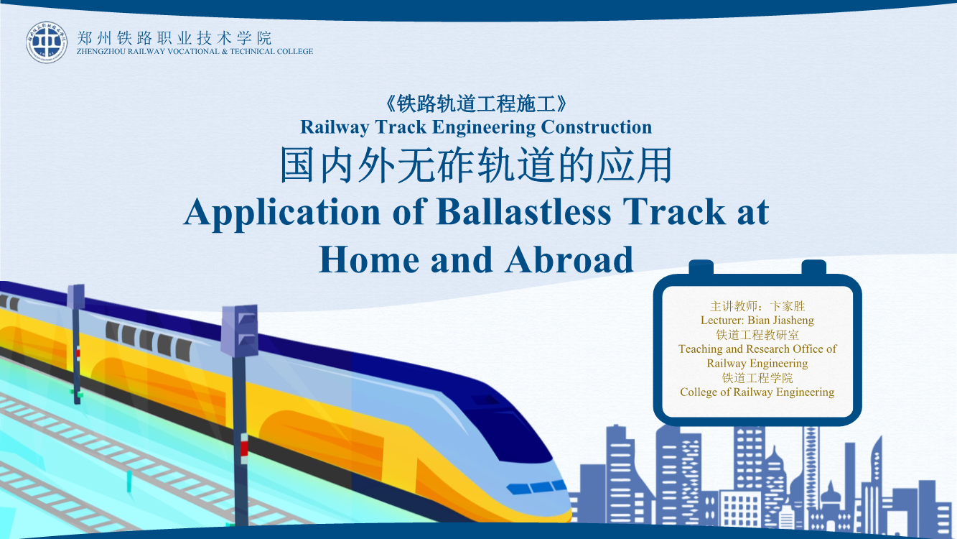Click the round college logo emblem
pos(47,42)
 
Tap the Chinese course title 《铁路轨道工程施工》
pos(476,104)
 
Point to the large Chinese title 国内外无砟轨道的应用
pos(476,165)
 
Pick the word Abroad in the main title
pos(569,259)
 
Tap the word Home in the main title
pos(369,259)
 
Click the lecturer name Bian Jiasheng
pos(780,321)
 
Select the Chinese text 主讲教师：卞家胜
pos(757,306)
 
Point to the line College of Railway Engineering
pos(757,392)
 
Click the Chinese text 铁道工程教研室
pos(757,335)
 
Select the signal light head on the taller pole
pos(240,331)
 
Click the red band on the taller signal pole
pos(244,448)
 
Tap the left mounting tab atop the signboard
pos(701,268)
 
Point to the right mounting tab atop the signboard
pos(814,268)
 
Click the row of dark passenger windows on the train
pos(148,341)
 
